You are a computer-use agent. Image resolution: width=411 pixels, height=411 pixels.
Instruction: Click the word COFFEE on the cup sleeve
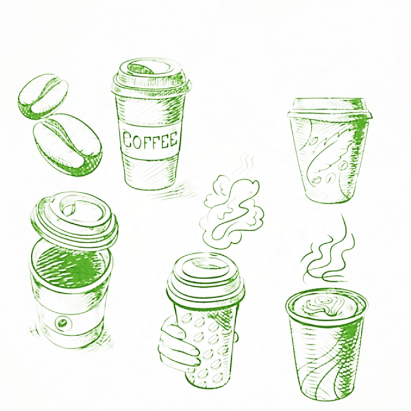[150, 139]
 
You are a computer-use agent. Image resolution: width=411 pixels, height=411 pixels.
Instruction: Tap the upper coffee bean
[43, 96]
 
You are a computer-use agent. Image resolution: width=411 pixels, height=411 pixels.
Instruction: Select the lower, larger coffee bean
[67, 144]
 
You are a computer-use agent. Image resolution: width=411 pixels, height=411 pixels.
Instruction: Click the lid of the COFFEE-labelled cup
[151, 76]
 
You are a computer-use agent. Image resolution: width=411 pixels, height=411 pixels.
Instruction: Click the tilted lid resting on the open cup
[74, 220]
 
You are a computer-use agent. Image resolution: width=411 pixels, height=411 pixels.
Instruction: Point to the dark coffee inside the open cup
[70, 267]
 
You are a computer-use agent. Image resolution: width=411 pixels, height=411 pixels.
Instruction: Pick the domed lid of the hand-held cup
[205, 279]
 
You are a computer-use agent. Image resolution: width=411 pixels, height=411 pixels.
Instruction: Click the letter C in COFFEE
[128, 140]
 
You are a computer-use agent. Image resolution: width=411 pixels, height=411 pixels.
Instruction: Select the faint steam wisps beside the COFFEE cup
[245, 165]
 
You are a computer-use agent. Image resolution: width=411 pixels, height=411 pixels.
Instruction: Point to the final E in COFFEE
[173, 139]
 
